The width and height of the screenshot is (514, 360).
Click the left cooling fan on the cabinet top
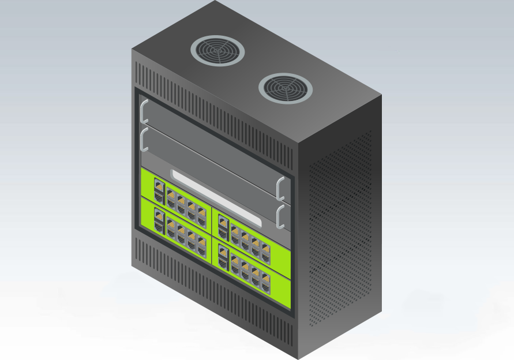coord(217,51)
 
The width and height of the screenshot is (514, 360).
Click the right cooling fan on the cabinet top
coord(286,88)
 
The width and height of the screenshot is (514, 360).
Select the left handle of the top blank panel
coord(144,112)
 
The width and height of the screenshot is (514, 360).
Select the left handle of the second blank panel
coord(144,140)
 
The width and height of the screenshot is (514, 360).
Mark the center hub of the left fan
coord(217,51)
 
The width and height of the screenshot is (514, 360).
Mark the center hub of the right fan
coord(286,88)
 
